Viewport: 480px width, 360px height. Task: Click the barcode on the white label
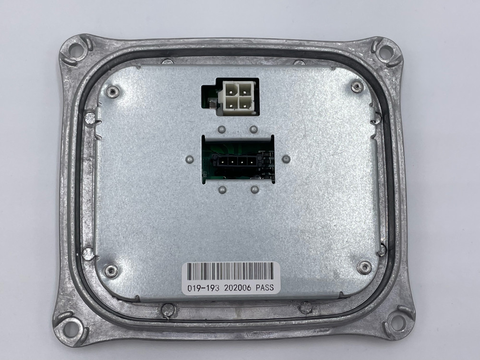[x=230, y=271]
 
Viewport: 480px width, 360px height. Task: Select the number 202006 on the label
[x=238, y=288]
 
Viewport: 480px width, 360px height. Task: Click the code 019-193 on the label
[x=203, y=288]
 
